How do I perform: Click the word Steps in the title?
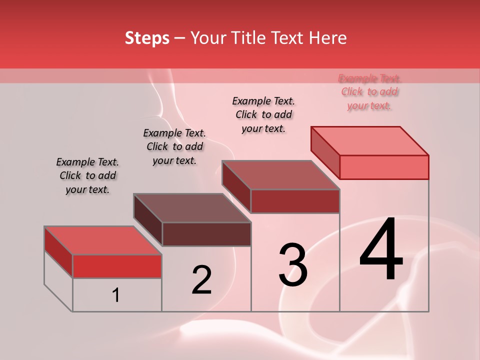coord(147,38)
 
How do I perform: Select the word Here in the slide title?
coord(328,38)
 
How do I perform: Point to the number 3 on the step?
coord(293,265)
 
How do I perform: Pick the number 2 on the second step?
coord(201,280)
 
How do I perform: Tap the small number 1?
coord(116,295)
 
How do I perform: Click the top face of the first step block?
coord(103,240)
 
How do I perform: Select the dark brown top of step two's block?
coord(192,208)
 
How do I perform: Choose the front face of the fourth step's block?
coord(384,167)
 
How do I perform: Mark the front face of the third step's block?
coord(295,201)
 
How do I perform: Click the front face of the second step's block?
coord(206,234)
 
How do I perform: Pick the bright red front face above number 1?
coord(117,266)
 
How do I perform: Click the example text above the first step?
coord(87,175)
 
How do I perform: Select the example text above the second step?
coord(174,146)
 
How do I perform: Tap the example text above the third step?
coord(263,114)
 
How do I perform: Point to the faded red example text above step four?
coord(369,91)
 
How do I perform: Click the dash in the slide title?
coord(180,39)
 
